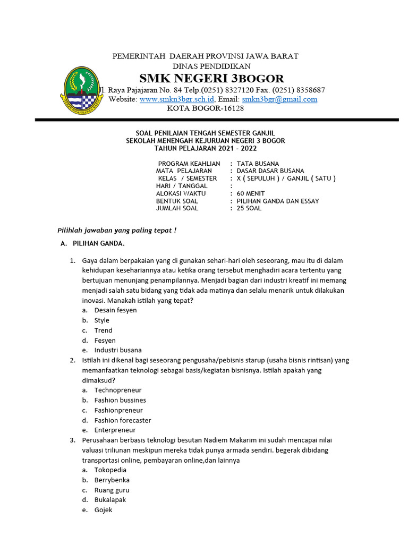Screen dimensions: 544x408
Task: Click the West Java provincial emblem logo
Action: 81,87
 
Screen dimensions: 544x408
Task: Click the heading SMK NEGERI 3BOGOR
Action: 211,79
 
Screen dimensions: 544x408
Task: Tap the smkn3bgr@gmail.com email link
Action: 279,99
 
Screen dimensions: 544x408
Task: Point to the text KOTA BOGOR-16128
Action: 205,108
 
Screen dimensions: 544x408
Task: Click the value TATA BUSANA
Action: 258,164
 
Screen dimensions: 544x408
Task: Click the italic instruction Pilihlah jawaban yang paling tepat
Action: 116,230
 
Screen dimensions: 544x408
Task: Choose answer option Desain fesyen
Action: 115,310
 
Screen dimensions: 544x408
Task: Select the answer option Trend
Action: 103,330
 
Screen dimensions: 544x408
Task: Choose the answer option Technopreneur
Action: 118,390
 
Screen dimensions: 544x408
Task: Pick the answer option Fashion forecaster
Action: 123,420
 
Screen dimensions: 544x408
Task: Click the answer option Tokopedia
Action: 110,470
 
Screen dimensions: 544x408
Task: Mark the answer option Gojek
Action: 103,510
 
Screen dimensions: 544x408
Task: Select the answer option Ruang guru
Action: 112,490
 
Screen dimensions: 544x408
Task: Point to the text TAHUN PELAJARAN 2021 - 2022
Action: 205,148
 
